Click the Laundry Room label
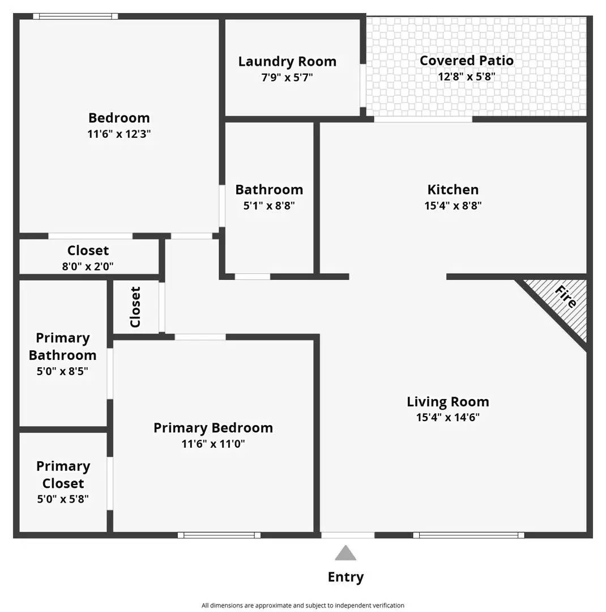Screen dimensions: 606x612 (x=287, y=61)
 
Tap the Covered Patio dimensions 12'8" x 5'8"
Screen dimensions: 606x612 (x=466, y=76)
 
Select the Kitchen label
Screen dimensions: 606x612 (x=453, y=190)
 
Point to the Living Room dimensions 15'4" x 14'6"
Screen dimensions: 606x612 (x=447, y=417)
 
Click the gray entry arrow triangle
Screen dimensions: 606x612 (x=345, y=554)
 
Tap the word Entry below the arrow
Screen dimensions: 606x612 (x=345, y=577)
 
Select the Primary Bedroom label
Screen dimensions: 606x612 (x=213, y=428)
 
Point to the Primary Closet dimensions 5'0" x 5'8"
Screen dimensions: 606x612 (x=63, y=499)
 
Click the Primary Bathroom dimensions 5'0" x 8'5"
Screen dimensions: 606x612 (x=62, y=371)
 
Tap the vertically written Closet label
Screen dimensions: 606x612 (x=135, y=307)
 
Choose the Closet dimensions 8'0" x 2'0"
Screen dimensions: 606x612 (x=88, y=266)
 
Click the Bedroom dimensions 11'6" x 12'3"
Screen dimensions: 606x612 (x=119, y=134)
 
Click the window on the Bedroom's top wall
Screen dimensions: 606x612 (x=75, y=16)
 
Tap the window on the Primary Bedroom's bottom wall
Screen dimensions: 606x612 (x=219, y=535)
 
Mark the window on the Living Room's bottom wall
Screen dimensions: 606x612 (x=468, y=535)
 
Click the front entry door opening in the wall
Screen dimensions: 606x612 (x=348, y=535)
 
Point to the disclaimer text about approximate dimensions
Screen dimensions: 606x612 (x=303, y=605)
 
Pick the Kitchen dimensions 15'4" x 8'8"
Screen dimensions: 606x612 (x=453, y=206)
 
